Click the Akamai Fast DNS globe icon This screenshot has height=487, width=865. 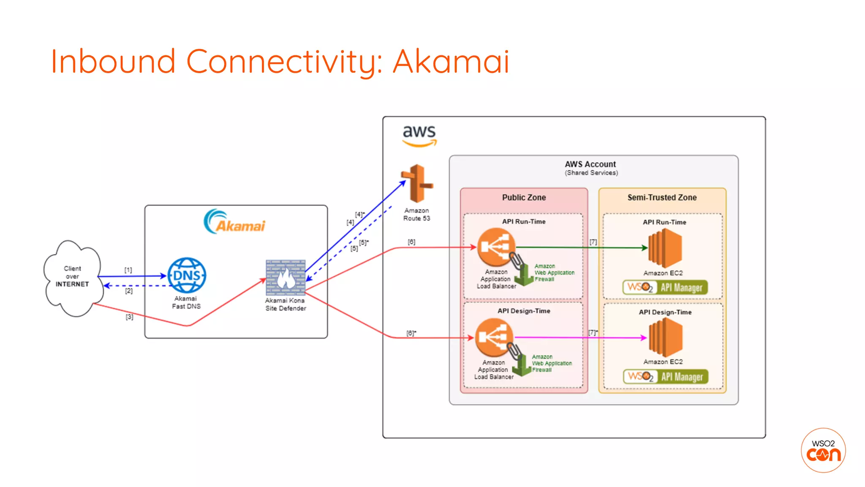187,275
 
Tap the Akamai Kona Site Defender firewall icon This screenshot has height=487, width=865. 286,277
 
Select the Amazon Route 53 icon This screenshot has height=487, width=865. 417,183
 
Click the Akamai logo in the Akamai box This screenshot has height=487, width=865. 235,222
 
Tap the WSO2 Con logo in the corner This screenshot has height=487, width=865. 823,450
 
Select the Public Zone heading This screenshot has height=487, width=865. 524,197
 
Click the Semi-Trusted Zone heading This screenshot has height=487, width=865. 662,197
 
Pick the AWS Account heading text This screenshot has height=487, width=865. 590,164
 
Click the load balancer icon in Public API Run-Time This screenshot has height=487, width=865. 496,247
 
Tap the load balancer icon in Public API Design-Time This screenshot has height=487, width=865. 494,337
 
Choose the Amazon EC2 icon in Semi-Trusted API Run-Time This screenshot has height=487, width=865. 665,248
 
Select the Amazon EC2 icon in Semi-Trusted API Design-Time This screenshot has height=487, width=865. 665,337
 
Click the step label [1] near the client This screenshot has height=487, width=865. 128,270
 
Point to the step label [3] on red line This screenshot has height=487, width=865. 129,317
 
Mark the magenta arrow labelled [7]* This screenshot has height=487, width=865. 579,337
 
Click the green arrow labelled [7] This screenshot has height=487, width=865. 579,247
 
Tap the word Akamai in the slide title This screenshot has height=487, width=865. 451,62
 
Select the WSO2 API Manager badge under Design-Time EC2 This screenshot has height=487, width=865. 665,376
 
